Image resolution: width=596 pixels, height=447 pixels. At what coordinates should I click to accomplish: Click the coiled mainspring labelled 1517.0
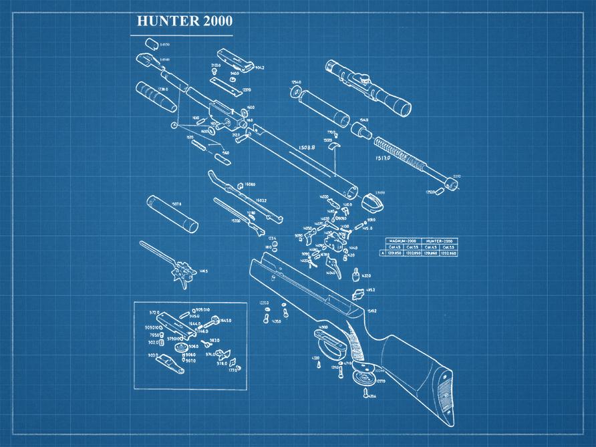point(401,153)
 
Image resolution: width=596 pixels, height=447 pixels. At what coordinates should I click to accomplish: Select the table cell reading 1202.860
point(448,253)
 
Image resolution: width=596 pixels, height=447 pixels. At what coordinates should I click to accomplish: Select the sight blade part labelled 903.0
point(168,363)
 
